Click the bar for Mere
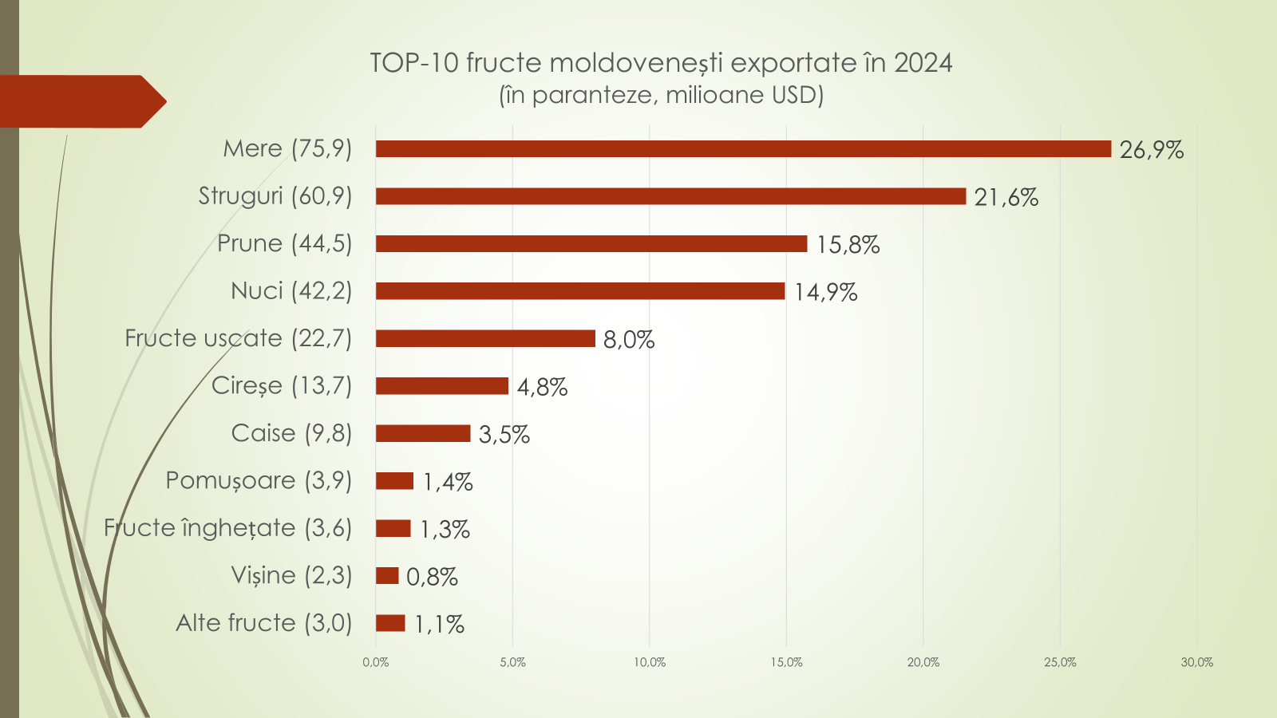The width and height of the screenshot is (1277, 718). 742,149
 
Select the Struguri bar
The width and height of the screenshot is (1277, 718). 670,196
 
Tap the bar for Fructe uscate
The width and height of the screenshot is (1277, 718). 485,339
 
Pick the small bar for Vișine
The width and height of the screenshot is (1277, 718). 387,576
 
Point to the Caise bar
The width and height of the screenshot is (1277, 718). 423,433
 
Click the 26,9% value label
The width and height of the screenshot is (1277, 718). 1151,150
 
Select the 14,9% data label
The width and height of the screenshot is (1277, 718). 825,293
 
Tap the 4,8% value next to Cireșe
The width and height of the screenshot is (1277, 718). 542,388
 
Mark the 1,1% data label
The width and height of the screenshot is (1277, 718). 439,625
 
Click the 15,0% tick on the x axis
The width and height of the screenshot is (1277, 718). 786,662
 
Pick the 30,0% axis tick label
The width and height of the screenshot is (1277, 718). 1196,662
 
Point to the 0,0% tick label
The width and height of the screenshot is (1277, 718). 376,662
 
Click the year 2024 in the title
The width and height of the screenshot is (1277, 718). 923,63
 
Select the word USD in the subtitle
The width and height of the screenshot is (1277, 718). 793,95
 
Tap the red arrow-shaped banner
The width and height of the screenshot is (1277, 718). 80,101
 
